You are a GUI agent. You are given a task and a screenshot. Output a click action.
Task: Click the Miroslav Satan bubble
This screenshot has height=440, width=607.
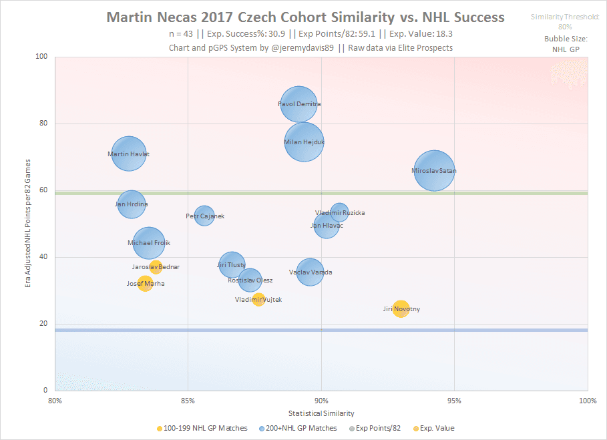point(435,171)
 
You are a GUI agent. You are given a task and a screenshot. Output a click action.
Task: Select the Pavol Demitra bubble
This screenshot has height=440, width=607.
point(299,104)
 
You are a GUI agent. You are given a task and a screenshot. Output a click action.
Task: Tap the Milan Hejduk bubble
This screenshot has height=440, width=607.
point(304,142)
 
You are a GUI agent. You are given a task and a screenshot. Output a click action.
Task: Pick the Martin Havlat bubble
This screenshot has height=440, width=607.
point(129,154)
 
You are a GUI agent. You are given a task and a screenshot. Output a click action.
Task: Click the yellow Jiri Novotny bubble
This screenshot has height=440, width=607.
point(401,308)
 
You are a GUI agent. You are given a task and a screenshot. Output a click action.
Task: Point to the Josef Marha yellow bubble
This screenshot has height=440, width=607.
point(145,284)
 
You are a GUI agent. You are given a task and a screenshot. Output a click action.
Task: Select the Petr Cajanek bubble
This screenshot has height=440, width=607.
point(204,216)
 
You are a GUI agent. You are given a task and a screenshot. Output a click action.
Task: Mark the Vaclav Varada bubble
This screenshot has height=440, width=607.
point(310,272)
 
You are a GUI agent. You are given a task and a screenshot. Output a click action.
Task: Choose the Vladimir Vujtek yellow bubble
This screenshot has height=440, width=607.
point(258,300)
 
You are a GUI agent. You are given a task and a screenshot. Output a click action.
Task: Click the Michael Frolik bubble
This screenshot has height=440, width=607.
point(149,243)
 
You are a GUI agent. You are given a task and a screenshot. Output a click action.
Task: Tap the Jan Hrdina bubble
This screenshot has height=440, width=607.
point(132,204)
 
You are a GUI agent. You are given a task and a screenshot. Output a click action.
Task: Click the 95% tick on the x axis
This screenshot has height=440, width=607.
point(454,401)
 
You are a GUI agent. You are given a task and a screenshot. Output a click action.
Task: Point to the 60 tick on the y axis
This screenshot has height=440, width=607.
point(44,190)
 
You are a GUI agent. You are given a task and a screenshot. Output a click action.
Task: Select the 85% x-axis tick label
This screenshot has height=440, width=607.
point(188,401)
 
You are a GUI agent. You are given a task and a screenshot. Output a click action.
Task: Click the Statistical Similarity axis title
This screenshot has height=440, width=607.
point(321,414)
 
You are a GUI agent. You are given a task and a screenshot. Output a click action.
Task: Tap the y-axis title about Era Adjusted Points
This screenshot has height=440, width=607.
point(27,224)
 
